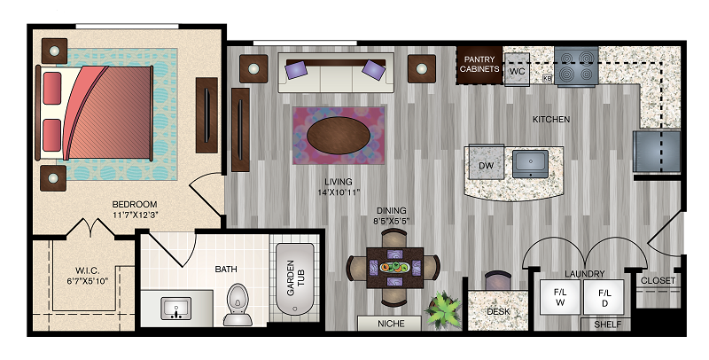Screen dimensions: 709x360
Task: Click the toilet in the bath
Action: point(238,304)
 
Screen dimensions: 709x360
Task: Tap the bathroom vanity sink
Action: point(176,309)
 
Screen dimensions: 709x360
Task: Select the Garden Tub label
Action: point(296,278)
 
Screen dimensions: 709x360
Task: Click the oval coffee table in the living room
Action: point(339,135)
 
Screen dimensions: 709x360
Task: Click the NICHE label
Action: point(391,324)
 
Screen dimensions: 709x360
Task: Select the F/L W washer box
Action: point(560,297)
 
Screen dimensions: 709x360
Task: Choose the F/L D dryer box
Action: point(604,297)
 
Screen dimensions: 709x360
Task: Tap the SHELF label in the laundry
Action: point(607,325)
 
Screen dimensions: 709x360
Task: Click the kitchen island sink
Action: point(530,165)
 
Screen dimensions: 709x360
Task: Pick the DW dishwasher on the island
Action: point(486,165)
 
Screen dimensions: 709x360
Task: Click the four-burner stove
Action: point(576,67)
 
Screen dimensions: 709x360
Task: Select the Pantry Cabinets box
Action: point(479,65)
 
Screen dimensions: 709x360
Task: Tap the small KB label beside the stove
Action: point(547,78)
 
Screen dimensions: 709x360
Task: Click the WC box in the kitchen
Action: point(517,69)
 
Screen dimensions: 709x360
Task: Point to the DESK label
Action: point(498,311)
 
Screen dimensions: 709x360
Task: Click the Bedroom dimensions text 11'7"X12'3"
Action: point(135,215)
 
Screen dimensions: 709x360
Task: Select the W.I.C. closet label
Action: point(87,271)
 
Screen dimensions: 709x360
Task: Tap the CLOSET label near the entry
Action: point(658,280)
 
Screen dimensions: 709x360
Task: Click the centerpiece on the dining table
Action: point(394,267)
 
